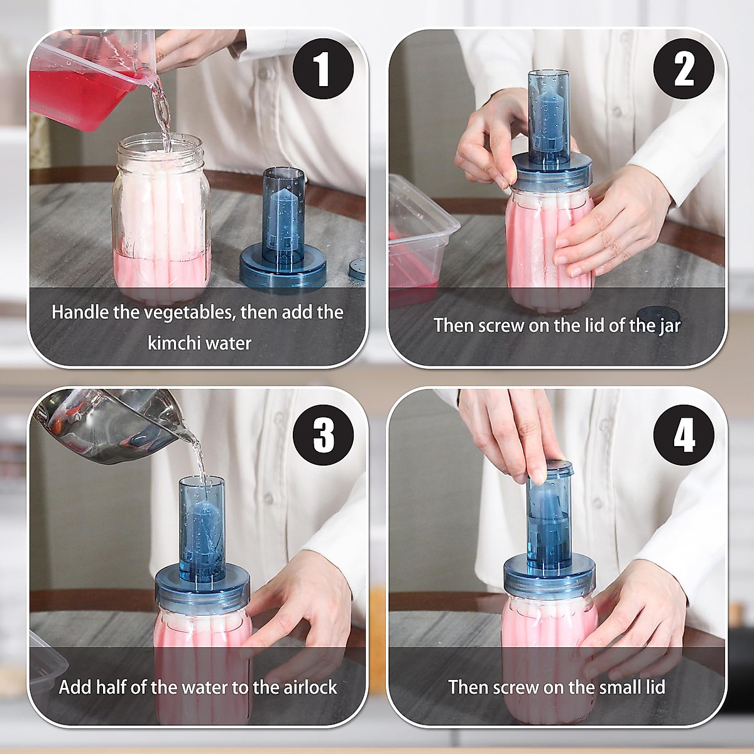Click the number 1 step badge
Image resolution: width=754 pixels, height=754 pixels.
coord(323,70)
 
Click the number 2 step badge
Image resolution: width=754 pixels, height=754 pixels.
coord(684,70)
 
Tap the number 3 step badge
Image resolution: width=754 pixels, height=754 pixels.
coord(323,435)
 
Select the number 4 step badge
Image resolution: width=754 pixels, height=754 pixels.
coord(684,435)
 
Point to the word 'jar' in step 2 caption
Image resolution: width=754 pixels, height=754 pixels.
coord(669,326)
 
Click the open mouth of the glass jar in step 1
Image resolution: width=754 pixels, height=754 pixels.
coord(160,144)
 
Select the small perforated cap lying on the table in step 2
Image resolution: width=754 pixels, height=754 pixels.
coord(658,314)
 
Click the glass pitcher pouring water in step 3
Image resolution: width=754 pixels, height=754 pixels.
coord(114,425)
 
